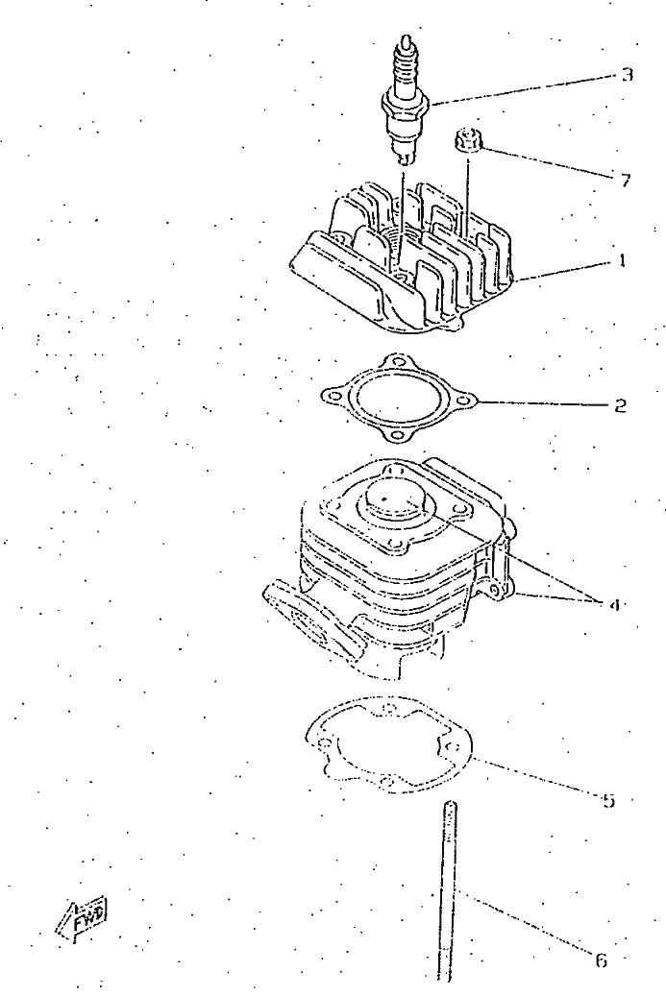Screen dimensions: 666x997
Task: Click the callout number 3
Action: (x=628, y=75)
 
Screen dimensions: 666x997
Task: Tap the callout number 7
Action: (x=626, y=181)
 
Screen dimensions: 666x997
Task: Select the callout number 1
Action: (x=623, y=260)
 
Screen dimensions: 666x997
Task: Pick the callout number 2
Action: (x=620, y=405)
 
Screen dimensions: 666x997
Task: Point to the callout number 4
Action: (x=614, y=605)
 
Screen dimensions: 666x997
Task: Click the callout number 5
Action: (x=608, y=800)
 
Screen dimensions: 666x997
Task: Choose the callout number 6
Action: (x=601, y=960)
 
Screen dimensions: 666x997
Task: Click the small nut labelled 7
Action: (x=466, y=140)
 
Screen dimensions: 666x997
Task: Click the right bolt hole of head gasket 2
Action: (x=465, y=401)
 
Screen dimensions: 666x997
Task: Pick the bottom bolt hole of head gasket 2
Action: (x=397, y=436)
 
